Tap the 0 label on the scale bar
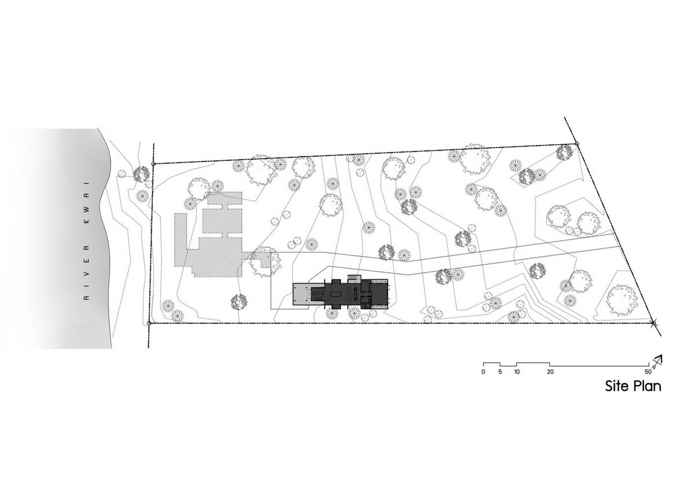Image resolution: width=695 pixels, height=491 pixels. [x=484, y=372]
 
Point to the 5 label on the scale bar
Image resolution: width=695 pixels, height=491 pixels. [x=500, y=372]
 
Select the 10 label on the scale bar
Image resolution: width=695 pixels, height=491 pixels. [x=516, y=372]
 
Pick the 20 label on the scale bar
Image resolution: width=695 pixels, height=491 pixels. [x=550, y=372]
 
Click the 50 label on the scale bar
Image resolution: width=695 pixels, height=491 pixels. [x=648, y=372]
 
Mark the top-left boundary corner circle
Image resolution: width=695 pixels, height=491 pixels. [x=153, y=164]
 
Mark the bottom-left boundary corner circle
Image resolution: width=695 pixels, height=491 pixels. [x=149, y=323]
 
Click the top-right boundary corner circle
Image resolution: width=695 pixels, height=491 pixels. [x=577, y=144]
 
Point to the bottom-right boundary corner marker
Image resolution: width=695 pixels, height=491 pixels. [x=653, y=323]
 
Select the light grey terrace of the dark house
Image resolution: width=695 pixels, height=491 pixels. [x=302, y=294]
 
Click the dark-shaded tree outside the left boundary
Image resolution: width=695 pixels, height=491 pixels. [x=141, y=174]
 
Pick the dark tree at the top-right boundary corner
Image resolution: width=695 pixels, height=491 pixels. [x=564, y=153]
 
